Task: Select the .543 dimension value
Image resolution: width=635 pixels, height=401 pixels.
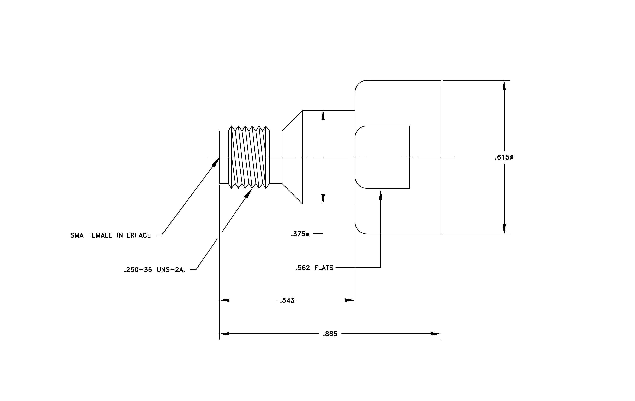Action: coord(287,300)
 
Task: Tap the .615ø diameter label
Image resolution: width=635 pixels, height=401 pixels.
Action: coord(504,157)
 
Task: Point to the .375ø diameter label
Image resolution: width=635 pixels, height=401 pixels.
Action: coord(300,234)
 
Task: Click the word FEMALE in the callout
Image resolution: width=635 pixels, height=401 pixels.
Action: coord(100,235)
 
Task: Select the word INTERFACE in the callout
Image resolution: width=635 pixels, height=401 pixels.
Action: coord(134,235)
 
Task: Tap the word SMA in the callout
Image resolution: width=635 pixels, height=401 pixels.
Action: coord(77,235)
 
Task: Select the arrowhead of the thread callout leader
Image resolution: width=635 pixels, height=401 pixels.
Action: coord(249,193)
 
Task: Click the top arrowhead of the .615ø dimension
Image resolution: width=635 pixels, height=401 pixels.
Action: coord(504,85)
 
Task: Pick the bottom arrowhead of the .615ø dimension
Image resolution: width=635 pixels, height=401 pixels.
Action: coord(504,229)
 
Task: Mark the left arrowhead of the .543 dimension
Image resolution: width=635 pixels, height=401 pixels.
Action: coord(225,300)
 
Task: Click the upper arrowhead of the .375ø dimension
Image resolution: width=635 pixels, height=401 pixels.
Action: coord(323,115)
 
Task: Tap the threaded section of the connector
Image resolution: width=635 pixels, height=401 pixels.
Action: coord(249,157)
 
